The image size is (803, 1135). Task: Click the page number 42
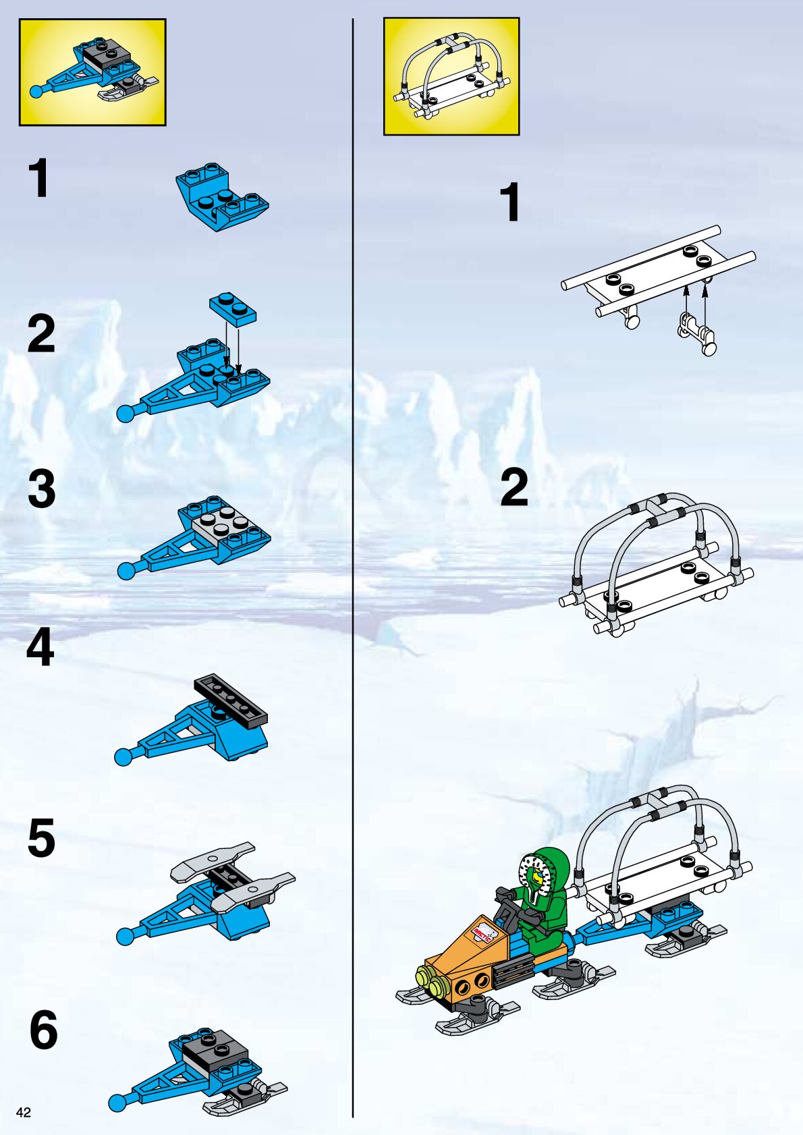[x=24, y=1112]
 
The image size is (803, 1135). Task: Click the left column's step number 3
[x=42, y=489]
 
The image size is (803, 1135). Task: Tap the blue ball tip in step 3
[x=126, y=571]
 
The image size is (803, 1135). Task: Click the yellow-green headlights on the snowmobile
[x=430, y=976]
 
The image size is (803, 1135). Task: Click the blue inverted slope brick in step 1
[x=222, y=197]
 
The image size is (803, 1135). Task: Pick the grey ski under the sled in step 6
[x=244, y=1097]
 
